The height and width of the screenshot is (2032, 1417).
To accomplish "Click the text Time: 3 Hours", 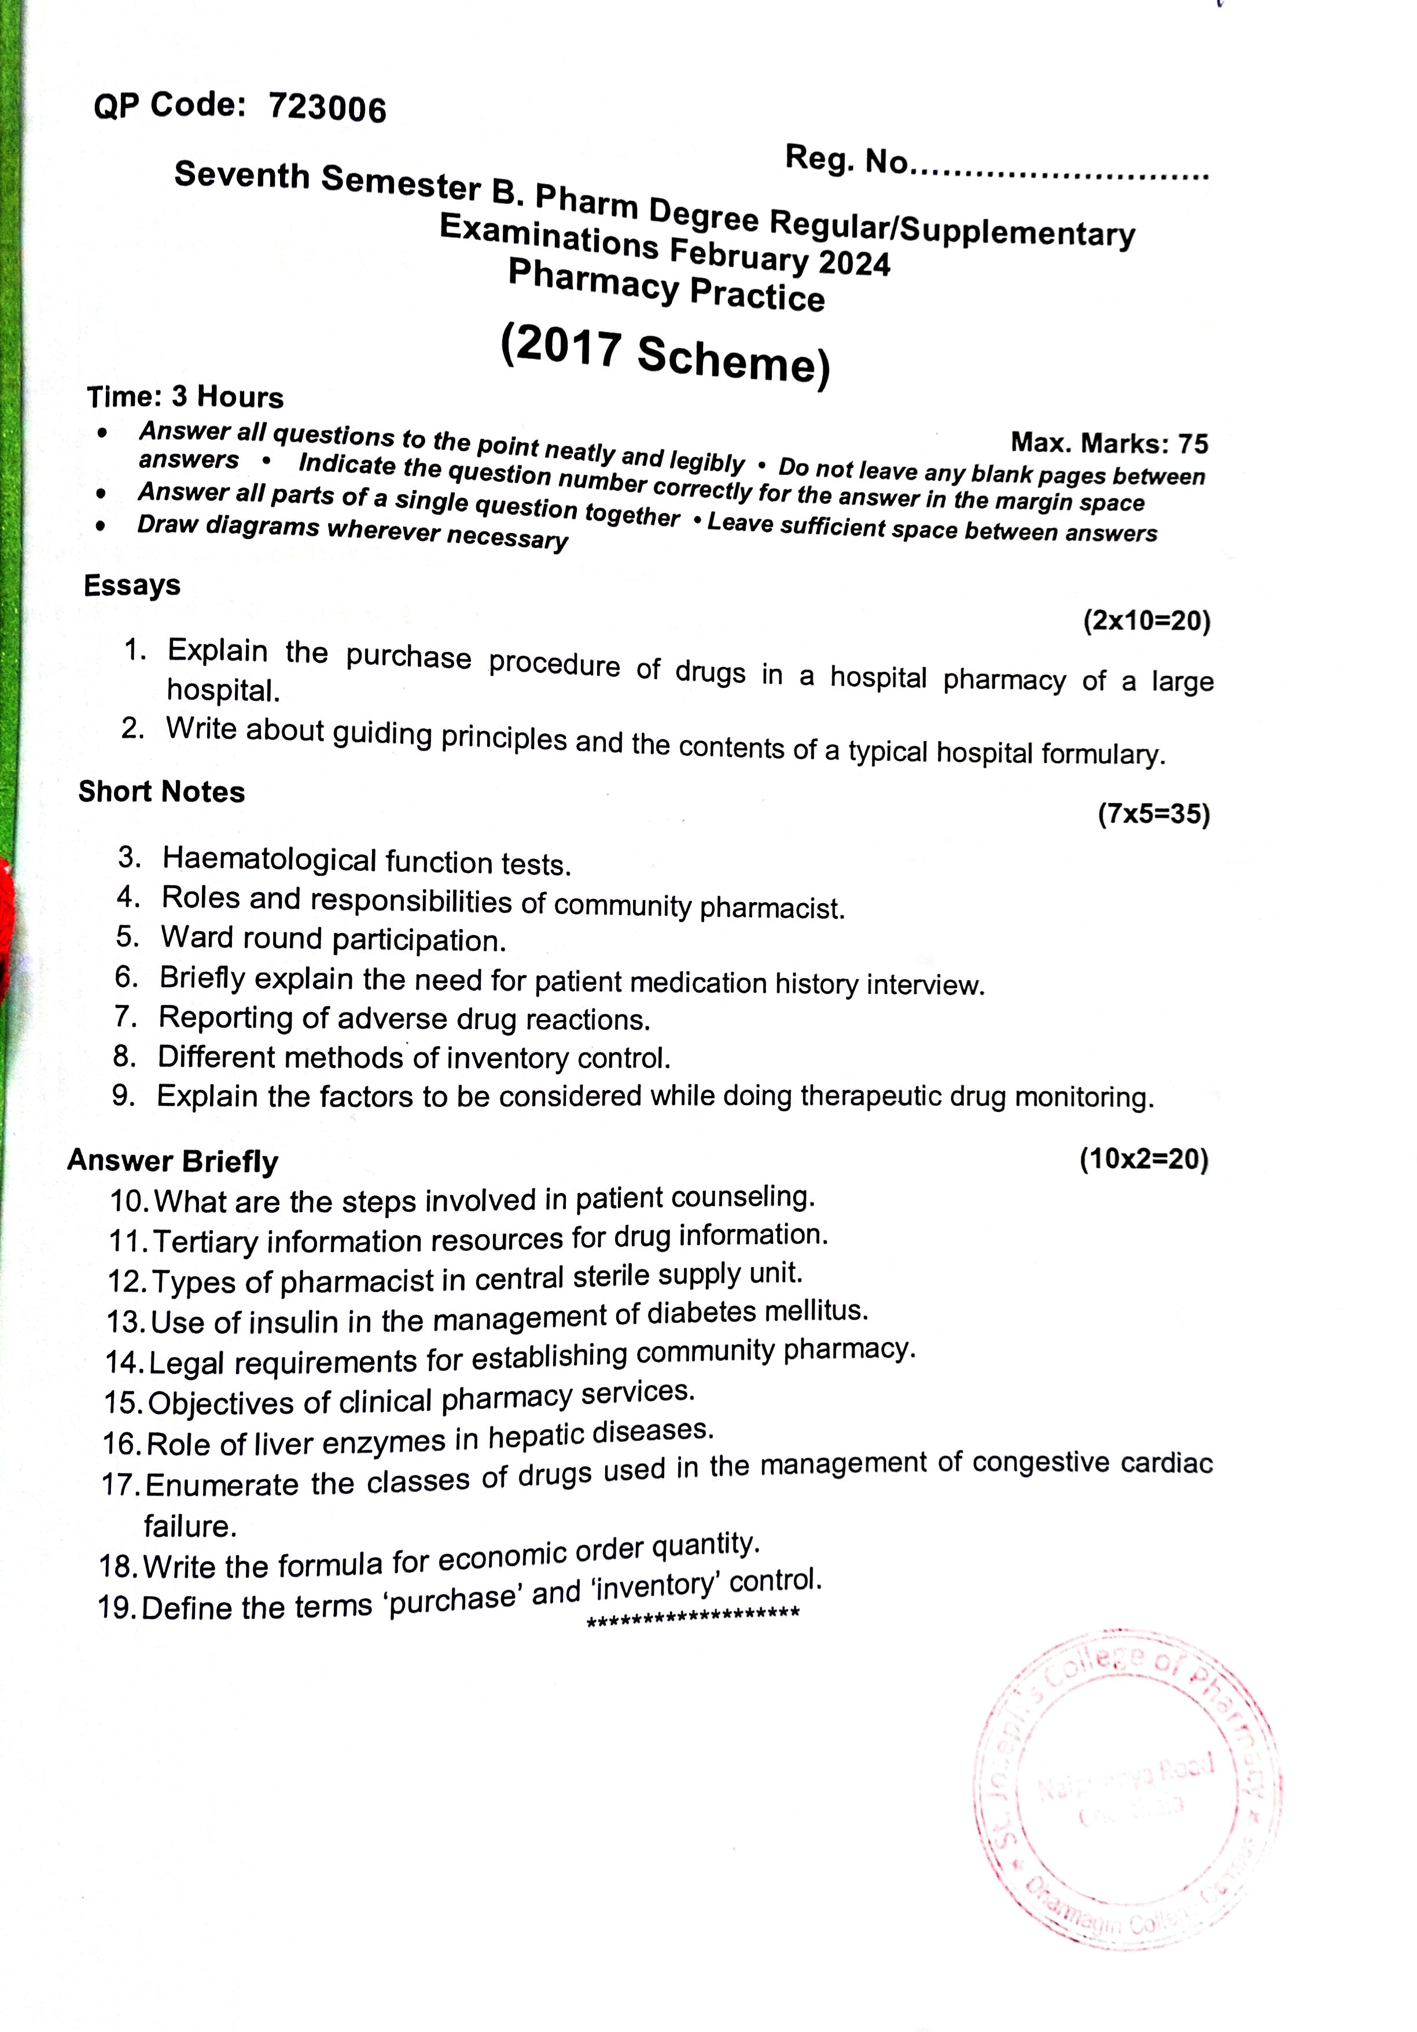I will [185, 396].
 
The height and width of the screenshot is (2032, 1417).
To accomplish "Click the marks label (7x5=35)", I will [1153, 813].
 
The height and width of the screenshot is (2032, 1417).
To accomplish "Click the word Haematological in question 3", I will [270, 859].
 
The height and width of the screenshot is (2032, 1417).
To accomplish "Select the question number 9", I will [123, 1096].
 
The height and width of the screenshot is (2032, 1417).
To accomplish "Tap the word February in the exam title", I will [739, 255].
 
